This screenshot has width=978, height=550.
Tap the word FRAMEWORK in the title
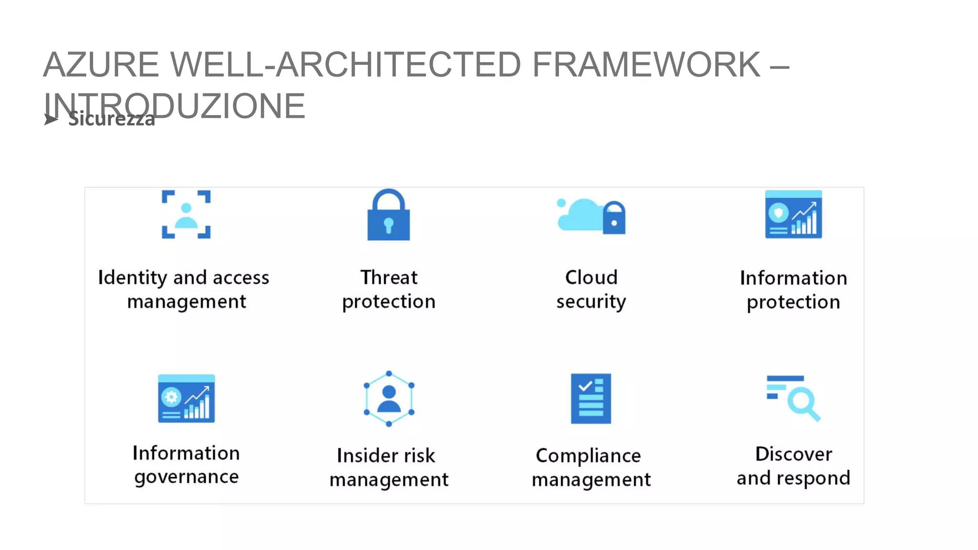(x=646, y=64)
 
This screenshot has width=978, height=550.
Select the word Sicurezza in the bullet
(x=112, y=119)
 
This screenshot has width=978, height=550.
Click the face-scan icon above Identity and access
(x=186, y=214)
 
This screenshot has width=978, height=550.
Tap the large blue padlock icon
(x=388, y=215)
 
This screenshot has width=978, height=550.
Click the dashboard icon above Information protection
(x=793, y=214)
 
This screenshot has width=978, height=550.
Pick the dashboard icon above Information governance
(x=186, y=399)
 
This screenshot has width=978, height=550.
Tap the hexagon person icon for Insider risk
(x=389, y=399)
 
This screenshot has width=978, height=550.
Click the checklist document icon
(x=591, y=399)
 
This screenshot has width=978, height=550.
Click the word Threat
(x=389, y=277)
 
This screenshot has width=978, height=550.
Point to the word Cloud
(x=591, y=277)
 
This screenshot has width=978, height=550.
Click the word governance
(x=186, y=477)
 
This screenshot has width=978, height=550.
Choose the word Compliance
(x=588, y=456)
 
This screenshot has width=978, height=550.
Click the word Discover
(x=794, y=454)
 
